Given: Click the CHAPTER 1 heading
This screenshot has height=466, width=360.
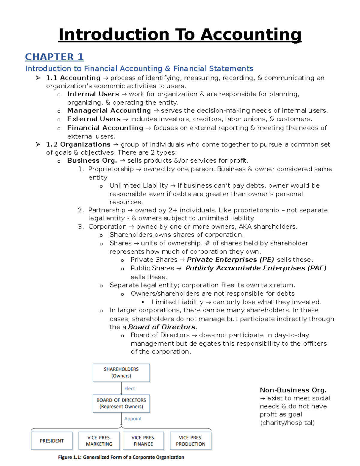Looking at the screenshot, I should click(54, 57).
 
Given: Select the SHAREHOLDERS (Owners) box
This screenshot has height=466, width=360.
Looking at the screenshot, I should click(121, 372).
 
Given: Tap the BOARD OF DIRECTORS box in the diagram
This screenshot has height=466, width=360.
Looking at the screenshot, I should click(121, 403).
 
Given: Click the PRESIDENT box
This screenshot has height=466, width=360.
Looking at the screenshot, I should click(52, 441).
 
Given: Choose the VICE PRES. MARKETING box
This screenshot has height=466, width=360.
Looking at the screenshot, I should click(99, 441).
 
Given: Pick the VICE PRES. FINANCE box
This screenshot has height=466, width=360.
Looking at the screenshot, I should click(143, 441).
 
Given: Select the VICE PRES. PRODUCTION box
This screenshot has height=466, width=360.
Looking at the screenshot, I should click(190, 441).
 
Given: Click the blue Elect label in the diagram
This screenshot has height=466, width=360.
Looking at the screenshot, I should click(130, 389).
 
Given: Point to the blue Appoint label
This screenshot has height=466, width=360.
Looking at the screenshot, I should click(133, 419).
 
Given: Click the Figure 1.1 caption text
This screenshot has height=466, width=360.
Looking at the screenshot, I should click(121, 457).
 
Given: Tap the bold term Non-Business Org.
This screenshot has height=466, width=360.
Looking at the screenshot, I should click(293, 390).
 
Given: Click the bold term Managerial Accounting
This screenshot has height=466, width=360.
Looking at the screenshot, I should click(109, 111).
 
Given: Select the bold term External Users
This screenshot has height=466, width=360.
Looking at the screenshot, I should click(94, 119).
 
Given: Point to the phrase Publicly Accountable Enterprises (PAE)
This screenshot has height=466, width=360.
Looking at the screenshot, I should click(256, 268).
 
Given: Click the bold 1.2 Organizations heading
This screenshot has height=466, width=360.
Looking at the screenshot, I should click(78, 144).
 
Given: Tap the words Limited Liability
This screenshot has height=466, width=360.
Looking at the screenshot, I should click(177, 302).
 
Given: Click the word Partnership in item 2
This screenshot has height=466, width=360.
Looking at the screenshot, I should click(106, 210).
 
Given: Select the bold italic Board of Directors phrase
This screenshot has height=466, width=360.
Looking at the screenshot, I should click(162, 327).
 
